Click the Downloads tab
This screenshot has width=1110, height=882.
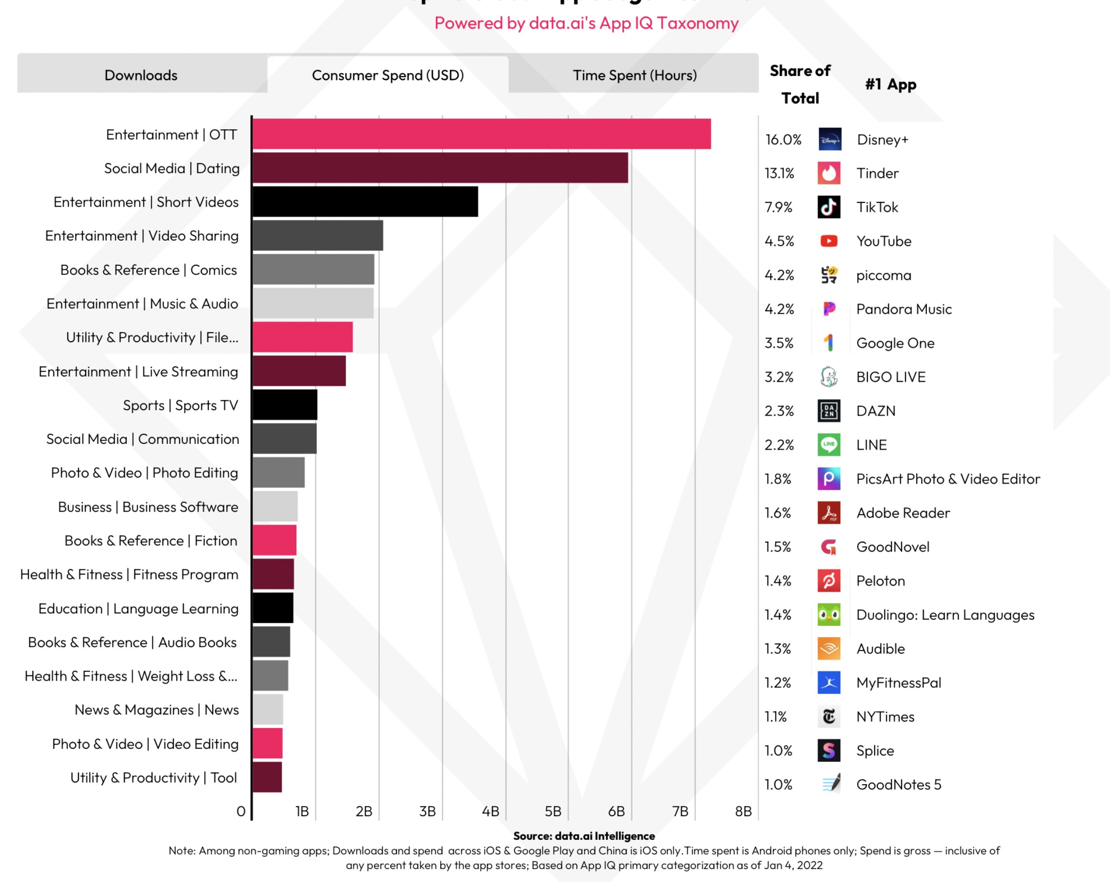pyautogui.click(x=140, y=75)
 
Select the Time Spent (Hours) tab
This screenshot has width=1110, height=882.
pyautogui.click(x=634, y=75)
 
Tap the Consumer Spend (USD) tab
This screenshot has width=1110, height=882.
pyautogui.click(x=387, y=75)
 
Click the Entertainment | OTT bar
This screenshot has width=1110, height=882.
pyautogui.click(x=481, y=134)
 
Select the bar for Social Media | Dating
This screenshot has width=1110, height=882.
pyautogui.click(x=440, y=168)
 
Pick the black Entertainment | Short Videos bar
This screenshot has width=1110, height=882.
pyautogui.click(x=365, y=202)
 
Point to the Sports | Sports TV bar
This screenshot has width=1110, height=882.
pyautogui.click(x=285, y=405)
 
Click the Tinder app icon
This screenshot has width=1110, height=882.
pyautogui.click(x=828, y=173)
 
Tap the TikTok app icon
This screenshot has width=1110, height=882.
pyautogui.click(x=828, y=207)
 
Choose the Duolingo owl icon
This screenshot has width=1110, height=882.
pyautogui.click(x=828, y=614)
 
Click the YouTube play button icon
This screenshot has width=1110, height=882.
pyautogui.click(x=828, y=241)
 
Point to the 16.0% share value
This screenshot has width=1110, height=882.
pyautogui.click(x=783, y=139)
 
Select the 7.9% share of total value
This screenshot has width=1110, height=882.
pyautogui.click(x=778, y=207)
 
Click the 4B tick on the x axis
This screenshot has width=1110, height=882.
pyautogui.click(x=490, y=811)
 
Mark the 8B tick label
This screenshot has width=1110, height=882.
pyautogui.click(x=743, y=811)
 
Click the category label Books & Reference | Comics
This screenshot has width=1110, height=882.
pyautogui.click(x=148, y=270)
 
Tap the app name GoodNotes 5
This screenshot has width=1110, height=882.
pyautogui.click(x=898, y=784)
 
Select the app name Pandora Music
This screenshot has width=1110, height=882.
pyautogui.click(x=904, y=309)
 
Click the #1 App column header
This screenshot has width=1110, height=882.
pyautogui.click(x=890, y=84)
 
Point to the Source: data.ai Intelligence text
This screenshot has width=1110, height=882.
pyautogui.click(x=584, y=836)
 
